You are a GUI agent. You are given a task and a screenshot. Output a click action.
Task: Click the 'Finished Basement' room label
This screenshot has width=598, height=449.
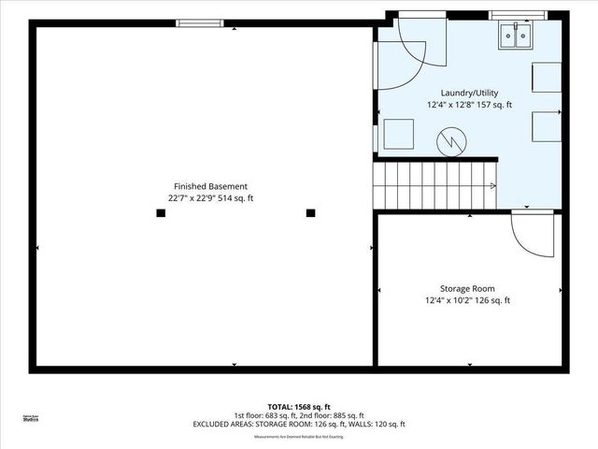tap(210, 186)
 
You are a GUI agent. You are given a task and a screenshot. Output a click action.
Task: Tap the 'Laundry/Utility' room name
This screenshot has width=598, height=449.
tap(469, 93)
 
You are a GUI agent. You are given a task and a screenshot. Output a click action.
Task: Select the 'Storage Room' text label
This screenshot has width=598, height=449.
tap(467, 289)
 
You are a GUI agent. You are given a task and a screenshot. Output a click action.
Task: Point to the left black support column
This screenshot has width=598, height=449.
tap(161, 213)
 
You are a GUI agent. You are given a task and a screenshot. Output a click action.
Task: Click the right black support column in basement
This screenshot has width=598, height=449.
tap(310, 213)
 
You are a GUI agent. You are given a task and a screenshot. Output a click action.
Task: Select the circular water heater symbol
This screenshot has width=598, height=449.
tap(452, 142)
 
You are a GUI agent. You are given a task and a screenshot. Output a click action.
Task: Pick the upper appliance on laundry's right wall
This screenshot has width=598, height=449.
tap(547, 77)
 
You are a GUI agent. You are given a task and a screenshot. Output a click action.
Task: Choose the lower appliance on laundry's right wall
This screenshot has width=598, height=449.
tap(547, 125)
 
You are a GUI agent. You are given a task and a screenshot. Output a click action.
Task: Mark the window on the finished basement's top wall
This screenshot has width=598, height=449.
tap(200, 23)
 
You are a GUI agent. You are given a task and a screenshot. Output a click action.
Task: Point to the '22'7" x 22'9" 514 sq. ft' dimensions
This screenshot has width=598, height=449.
tap(210, 198)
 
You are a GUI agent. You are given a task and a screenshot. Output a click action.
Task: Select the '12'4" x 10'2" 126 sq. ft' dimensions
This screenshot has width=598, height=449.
tap(467, 301)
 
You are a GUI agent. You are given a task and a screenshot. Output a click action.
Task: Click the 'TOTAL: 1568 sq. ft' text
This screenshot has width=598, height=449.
tap(299, 406)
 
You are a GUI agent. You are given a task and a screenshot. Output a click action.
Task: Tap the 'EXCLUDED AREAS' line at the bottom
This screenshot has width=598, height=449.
tap(299, 425)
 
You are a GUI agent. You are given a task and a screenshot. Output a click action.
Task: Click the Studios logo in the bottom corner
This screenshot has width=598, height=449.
tap(30, 418)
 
